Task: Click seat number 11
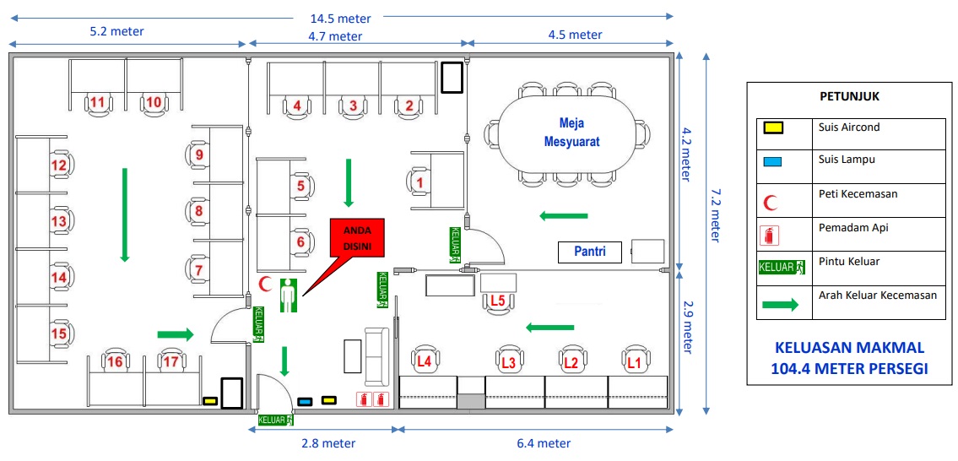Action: (x=99, y=103)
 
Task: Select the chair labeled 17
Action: (x=171, y=361)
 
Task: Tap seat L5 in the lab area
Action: (x=498, y=301)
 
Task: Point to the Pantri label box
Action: (x=590, y=252)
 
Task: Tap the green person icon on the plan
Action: (x=289, y=296)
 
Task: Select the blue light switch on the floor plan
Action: (x=304, y=401)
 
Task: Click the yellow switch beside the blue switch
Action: (x=328, y=400)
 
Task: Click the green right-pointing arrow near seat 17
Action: (x=176, y=334)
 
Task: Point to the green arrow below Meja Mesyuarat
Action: (x=563, y=215)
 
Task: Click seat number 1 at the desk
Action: (x=419, y=182)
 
